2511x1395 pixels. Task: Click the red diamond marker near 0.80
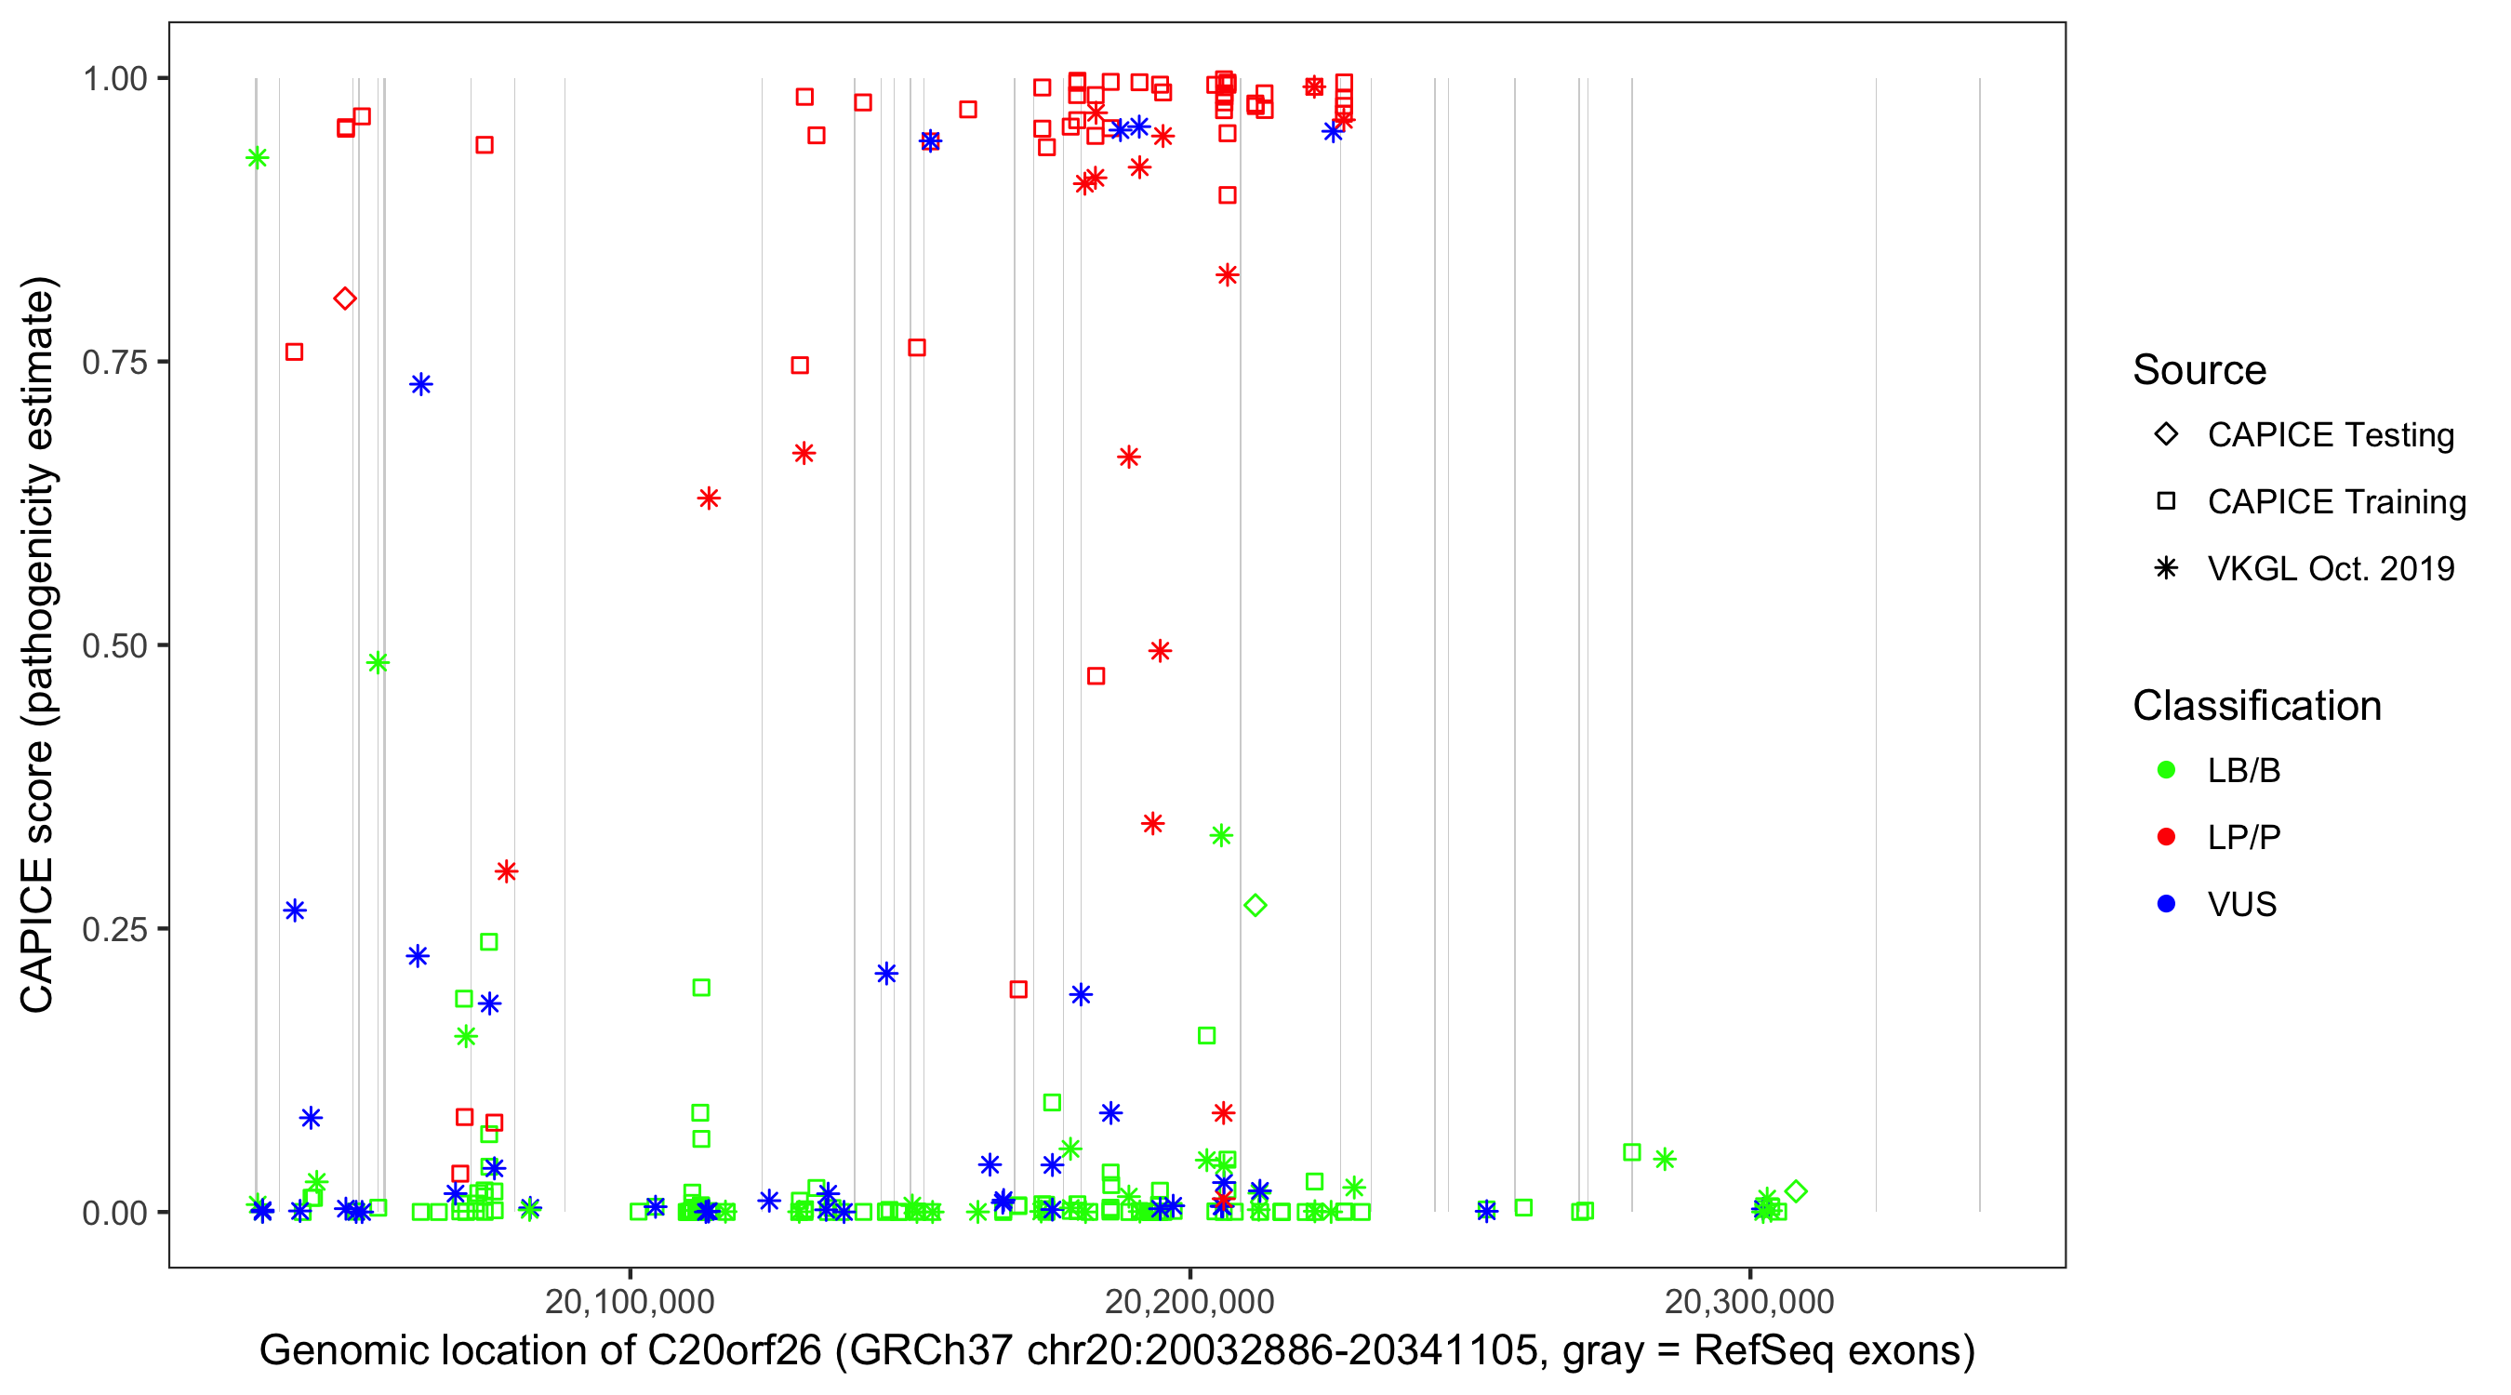[x=344, y=299]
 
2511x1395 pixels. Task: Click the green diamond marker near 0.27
[x=1255, y=906]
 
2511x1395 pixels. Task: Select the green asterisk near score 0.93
[x=258, y=158]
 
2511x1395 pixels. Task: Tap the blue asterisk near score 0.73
[x=421, y=384]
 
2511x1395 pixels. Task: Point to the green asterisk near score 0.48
[x=379, y=663]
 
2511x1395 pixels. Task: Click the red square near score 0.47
[x=1096, y=675]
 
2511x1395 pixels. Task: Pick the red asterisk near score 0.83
[x=1228, y=275]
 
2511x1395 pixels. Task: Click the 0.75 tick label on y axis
[x=113, y=362]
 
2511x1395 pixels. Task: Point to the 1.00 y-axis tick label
[x=113, y=78]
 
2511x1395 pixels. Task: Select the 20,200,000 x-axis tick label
[x=1189, y=1301]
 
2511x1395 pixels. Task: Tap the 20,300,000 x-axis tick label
[x=1749, y=1301]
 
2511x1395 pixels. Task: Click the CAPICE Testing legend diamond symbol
[x=2166, y=433]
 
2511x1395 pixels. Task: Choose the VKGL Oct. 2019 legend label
[x=2331, y=568]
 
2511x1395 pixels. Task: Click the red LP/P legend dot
[x=2166, y=837]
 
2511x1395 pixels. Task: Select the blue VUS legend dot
[x=2166, y=904]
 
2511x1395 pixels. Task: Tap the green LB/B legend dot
[x=2166, y=770]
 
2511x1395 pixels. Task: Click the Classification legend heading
[x=2256, y=705]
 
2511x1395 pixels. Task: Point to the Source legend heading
[x=2199, y=369]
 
